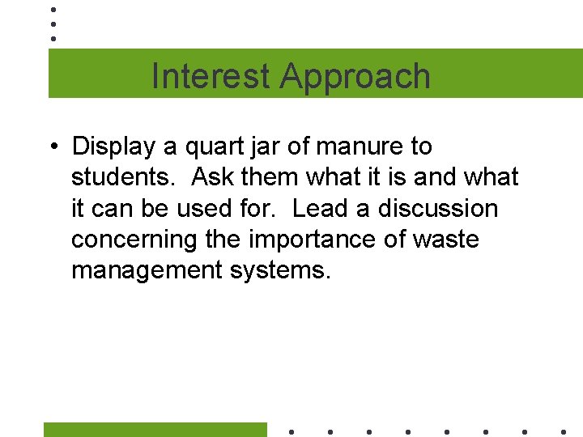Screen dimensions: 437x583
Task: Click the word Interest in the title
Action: (x=212, y=76)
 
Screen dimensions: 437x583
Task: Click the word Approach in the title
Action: (x=355, y=76)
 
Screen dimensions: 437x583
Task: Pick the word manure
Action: (x=362, y=147)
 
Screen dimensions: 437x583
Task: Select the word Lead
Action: (x=320, y=208)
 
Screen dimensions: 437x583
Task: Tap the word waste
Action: (x=445, y=240)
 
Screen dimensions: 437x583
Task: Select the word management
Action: (x=143, y=270)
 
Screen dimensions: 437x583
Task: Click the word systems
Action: (x=280, y=270)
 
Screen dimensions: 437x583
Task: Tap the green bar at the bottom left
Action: (x=155, y=430)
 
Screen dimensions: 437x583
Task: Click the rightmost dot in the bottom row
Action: (x=564, y=431)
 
